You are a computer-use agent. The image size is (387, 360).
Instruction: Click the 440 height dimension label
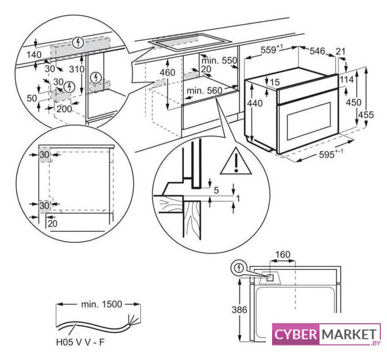(x=255, y=104)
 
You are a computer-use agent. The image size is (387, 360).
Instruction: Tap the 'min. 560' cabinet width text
(x=205, y=90)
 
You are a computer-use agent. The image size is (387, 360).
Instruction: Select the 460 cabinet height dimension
(x=167, y=72)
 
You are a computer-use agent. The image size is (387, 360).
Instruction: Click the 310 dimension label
(x=77, y=69)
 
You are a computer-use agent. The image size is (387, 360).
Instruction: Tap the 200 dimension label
(x=64, y=109)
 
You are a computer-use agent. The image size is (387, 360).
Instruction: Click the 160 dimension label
(x=282, y=254)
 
